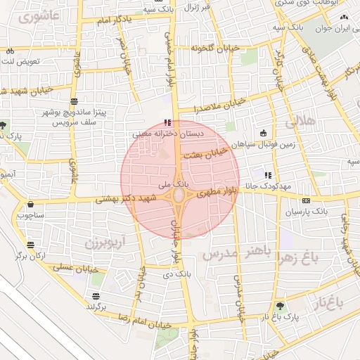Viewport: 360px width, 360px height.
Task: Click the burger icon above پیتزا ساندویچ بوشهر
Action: [75, 102]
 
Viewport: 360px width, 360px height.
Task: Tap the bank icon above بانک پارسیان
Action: [306, 200]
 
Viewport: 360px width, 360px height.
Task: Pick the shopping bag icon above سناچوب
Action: [31, 205]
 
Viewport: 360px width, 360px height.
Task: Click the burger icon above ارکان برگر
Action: [31, 245]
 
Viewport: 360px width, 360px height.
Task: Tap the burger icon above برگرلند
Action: [96, 296]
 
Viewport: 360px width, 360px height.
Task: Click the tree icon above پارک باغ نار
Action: [281, 306]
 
